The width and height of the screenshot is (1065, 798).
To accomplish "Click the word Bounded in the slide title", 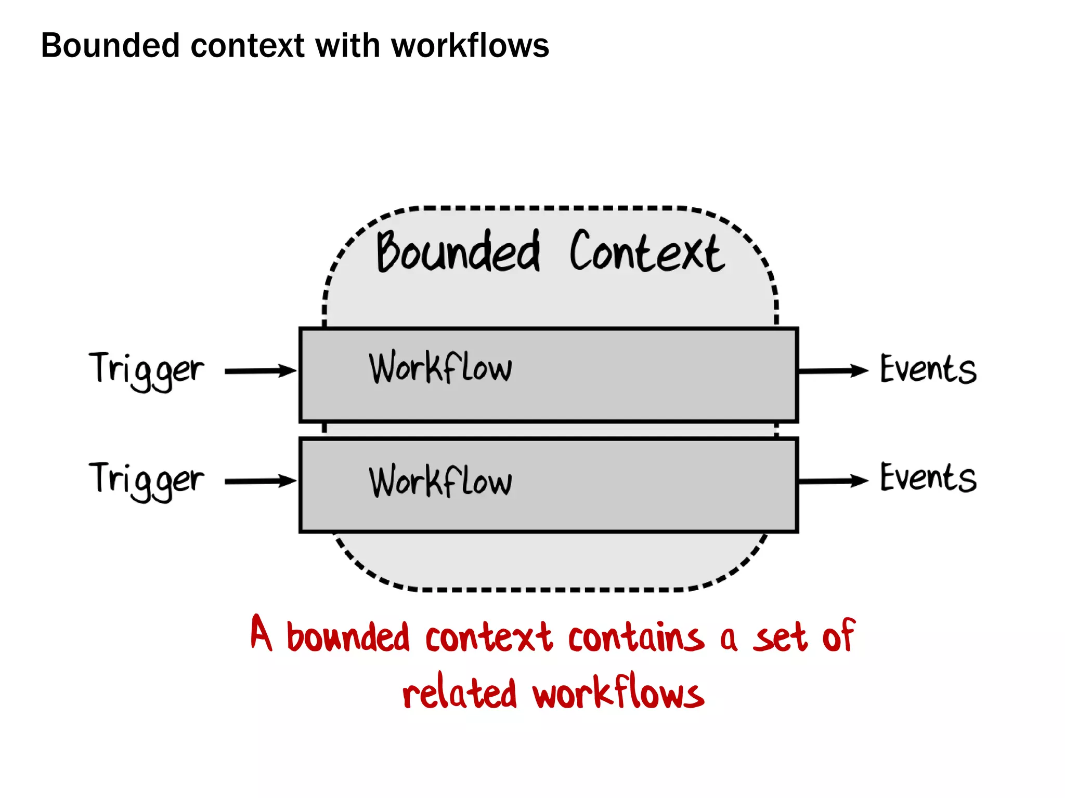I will coord(110,46).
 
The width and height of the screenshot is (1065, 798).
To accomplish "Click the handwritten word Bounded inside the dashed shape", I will coord(458,252).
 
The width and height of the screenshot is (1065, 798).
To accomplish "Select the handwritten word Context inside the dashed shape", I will coord(646,252).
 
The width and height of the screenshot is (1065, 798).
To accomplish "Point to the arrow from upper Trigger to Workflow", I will coord(260,371).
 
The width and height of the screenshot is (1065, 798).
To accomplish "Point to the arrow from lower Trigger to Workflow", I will coord(260,481).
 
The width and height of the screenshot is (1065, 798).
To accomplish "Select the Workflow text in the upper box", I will coord(440,368).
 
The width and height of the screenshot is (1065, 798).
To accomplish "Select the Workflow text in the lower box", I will coord(440,481).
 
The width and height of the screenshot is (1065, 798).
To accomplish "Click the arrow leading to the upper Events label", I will coord(832,371).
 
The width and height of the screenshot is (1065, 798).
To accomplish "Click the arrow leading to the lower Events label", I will coord(832,481).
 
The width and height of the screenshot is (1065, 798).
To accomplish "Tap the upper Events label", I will coord(928,370).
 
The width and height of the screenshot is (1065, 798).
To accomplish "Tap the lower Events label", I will coord(928,478).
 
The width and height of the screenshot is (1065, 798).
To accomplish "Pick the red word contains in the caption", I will coord(635,638).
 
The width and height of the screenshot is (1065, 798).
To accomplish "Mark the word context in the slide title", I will coord(248,46).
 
